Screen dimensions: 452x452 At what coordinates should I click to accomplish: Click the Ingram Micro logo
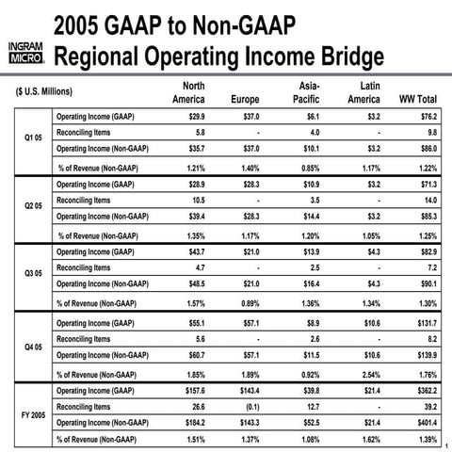25,56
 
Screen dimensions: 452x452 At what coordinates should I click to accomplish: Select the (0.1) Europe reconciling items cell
249,405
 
